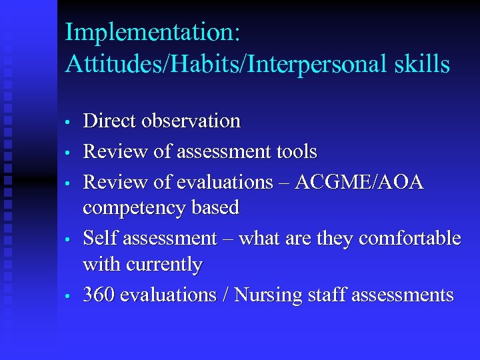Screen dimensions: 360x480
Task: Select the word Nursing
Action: [269, 295]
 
